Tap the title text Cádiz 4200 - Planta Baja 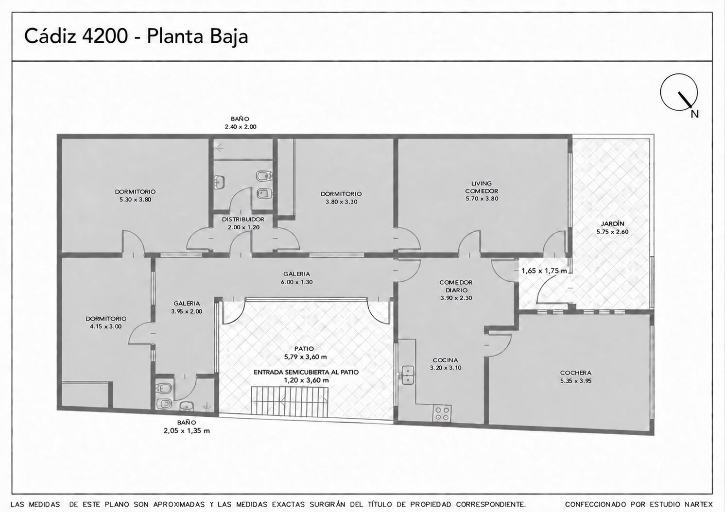[x=136, y=36]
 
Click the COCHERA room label [x=575, y=373]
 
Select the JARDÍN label [x=612, y=223]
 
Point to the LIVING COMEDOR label [x=482, y=187]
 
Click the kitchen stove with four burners [x=442, y=413]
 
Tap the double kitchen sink [x=408, y=375]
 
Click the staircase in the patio [x=290, y=401]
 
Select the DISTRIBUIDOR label [x=243, y=219]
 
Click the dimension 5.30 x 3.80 [x=135, y=200]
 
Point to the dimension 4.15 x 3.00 [x=105, y=326]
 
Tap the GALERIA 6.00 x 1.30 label [x=296, y=278]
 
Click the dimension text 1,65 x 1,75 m [x=544, y=271]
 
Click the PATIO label [x=304, y=349]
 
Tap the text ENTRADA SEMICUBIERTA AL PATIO [x=306, y=372]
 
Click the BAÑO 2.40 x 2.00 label [x=240, y=123]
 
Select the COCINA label [x=446, y=360]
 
